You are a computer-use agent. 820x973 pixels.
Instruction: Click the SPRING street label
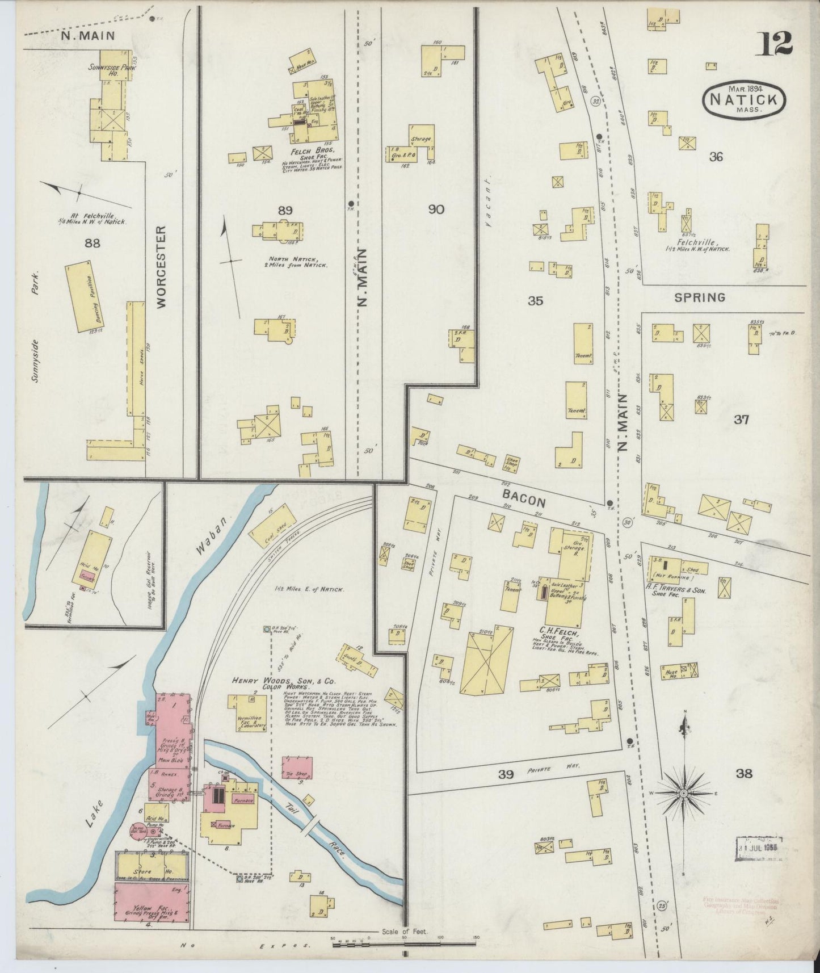(x=700, y=297)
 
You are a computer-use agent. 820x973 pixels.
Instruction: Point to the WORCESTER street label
(x=161, y=267)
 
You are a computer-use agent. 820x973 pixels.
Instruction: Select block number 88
(x=91, y=244)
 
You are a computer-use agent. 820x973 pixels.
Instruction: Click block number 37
(x=741, y=420)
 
